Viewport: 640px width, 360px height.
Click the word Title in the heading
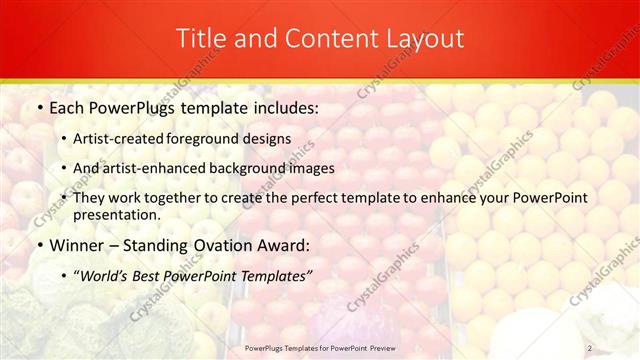click(199, 39)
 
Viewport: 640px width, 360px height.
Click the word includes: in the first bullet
click(282, 105)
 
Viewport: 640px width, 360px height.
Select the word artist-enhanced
click(159, 168)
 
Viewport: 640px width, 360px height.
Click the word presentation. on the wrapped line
click(116, 214)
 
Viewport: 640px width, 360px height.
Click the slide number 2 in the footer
click(589, 348)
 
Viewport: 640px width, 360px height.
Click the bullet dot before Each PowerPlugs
click(39, 106)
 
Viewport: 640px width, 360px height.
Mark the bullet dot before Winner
click(39, 246)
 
